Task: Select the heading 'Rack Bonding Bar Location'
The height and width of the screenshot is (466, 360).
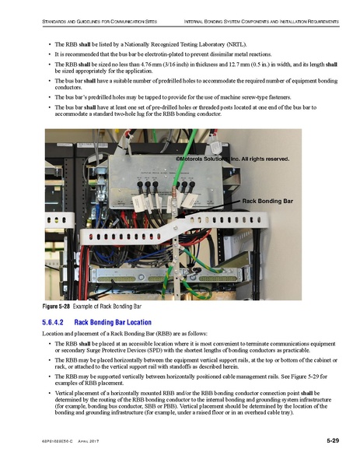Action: pos(118,322)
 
